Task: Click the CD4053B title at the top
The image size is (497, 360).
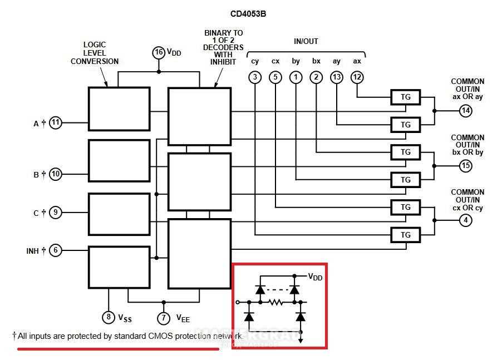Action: tap(248, 14)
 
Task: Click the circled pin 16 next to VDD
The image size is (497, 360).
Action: tap(159, 53)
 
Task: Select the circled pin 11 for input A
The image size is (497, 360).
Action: tap(56, 123)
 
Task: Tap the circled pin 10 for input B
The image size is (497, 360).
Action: tap(56, 174)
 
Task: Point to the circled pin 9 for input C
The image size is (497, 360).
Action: tap(55, 212)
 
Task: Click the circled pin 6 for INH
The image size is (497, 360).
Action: tap(55, 250)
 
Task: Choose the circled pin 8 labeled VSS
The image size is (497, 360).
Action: tap(108, 318)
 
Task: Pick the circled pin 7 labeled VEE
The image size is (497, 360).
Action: tap(164, 318)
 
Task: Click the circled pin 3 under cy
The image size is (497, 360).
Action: tap(255, 77)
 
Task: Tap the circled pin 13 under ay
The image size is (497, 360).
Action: tap(337, 77)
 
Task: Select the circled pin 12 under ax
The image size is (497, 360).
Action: tap(357, 77)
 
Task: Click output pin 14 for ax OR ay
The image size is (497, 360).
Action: tap(466, 111)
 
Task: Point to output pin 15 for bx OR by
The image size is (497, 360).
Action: tap(466, 166)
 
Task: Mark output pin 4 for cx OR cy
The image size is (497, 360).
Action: tap(466, 220)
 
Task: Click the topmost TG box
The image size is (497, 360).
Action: tap(406, 97)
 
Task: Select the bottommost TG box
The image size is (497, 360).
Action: tap(406, 235)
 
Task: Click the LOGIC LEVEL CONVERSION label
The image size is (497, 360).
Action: tap(95, 53)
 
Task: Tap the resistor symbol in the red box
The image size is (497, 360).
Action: tap(276, 303)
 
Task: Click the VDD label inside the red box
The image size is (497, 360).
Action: tap(316, 277)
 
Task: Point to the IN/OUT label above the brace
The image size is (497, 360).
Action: tap(306, 42)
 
